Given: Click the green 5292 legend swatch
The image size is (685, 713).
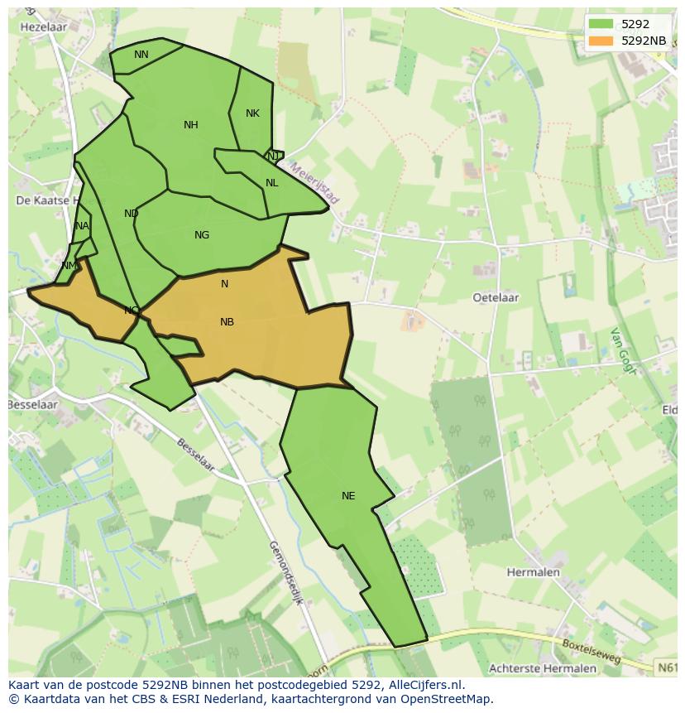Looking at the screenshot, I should [601, 24].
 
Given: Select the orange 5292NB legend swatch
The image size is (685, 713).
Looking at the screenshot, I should [601, 41].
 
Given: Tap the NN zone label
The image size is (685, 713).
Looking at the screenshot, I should [141, 55].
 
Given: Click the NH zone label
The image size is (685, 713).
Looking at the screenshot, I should [191, 125].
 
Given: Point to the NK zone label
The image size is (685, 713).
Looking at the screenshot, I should [253, 113].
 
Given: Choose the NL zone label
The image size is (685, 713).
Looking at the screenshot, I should [271, 183].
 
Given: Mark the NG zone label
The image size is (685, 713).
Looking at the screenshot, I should [202, 235].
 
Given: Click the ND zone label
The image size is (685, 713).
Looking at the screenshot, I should [132, 214].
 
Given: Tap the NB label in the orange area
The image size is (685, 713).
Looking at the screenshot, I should [227, 322].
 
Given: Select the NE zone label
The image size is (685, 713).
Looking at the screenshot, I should [348, 496].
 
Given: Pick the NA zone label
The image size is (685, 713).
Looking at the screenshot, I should [81, 226].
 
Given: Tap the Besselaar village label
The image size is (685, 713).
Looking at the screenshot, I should [33, 405].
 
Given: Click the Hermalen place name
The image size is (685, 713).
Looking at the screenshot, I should [533, 572].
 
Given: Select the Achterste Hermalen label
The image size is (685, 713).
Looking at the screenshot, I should [542, 668].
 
